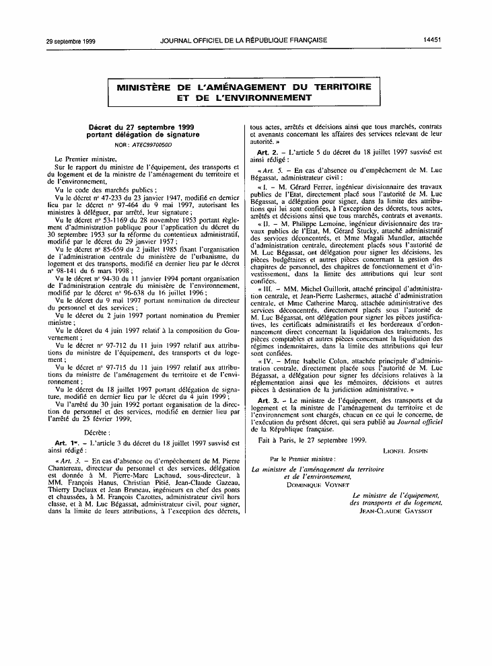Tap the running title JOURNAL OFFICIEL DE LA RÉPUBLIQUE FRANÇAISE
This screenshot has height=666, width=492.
244,40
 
